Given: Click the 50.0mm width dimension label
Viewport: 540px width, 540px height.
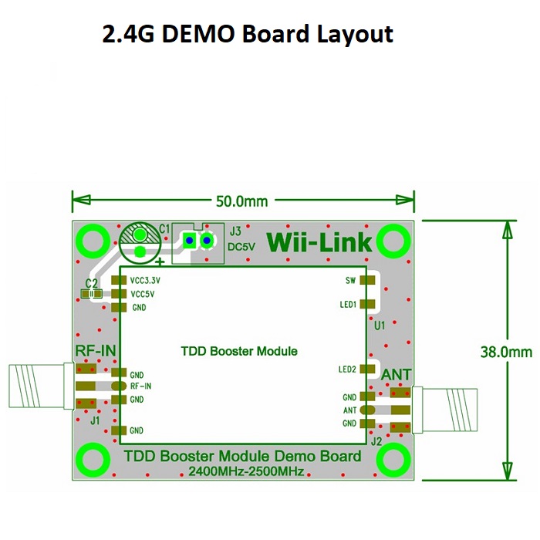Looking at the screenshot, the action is (241, 201).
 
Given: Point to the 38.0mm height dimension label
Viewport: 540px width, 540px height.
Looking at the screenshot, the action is (506, 352).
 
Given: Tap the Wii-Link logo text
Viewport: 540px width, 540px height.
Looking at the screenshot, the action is (319, 242).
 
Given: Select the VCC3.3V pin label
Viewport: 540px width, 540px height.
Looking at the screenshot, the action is (145, 280).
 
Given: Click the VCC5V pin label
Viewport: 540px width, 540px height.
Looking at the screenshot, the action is (142, 294).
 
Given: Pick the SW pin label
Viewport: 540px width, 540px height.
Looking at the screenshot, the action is (350, 280).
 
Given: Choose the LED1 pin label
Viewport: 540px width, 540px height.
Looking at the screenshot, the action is (348, 305).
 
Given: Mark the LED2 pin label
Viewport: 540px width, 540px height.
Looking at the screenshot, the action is (347, 370).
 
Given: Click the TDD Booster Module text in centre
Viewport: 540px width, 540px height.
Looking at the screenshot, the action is (239, 351).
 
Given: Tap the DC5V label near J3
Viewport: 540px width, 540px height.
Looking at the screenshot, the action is (241, 247).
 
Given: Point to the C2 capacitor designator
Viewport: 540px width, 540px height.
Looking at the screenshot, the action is (92, 283).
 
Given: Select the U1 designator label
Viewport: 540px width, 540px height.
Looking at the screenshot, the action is (380, 326).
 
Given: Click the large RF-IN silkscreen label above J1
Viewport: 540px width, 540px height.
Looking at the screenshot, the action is (96, 350).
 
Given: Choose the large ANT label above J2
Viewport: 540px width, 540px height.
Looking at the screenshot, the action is (396, 375).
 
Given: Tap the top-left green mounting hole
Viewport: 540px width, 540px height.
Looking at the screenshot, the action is (93, 241).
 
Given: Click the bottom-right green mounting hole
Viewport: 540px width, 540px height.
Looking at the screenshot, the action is (393, 460).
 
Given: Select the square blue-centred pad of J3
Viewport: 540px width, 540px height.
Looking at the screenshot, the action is (189, 241).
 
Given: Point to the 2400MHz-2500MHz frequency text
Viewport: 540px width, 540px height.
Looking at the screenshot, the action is (246, 471).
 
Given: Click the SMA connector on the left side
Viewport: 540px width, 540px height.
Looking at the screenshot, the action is (42, 386).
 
